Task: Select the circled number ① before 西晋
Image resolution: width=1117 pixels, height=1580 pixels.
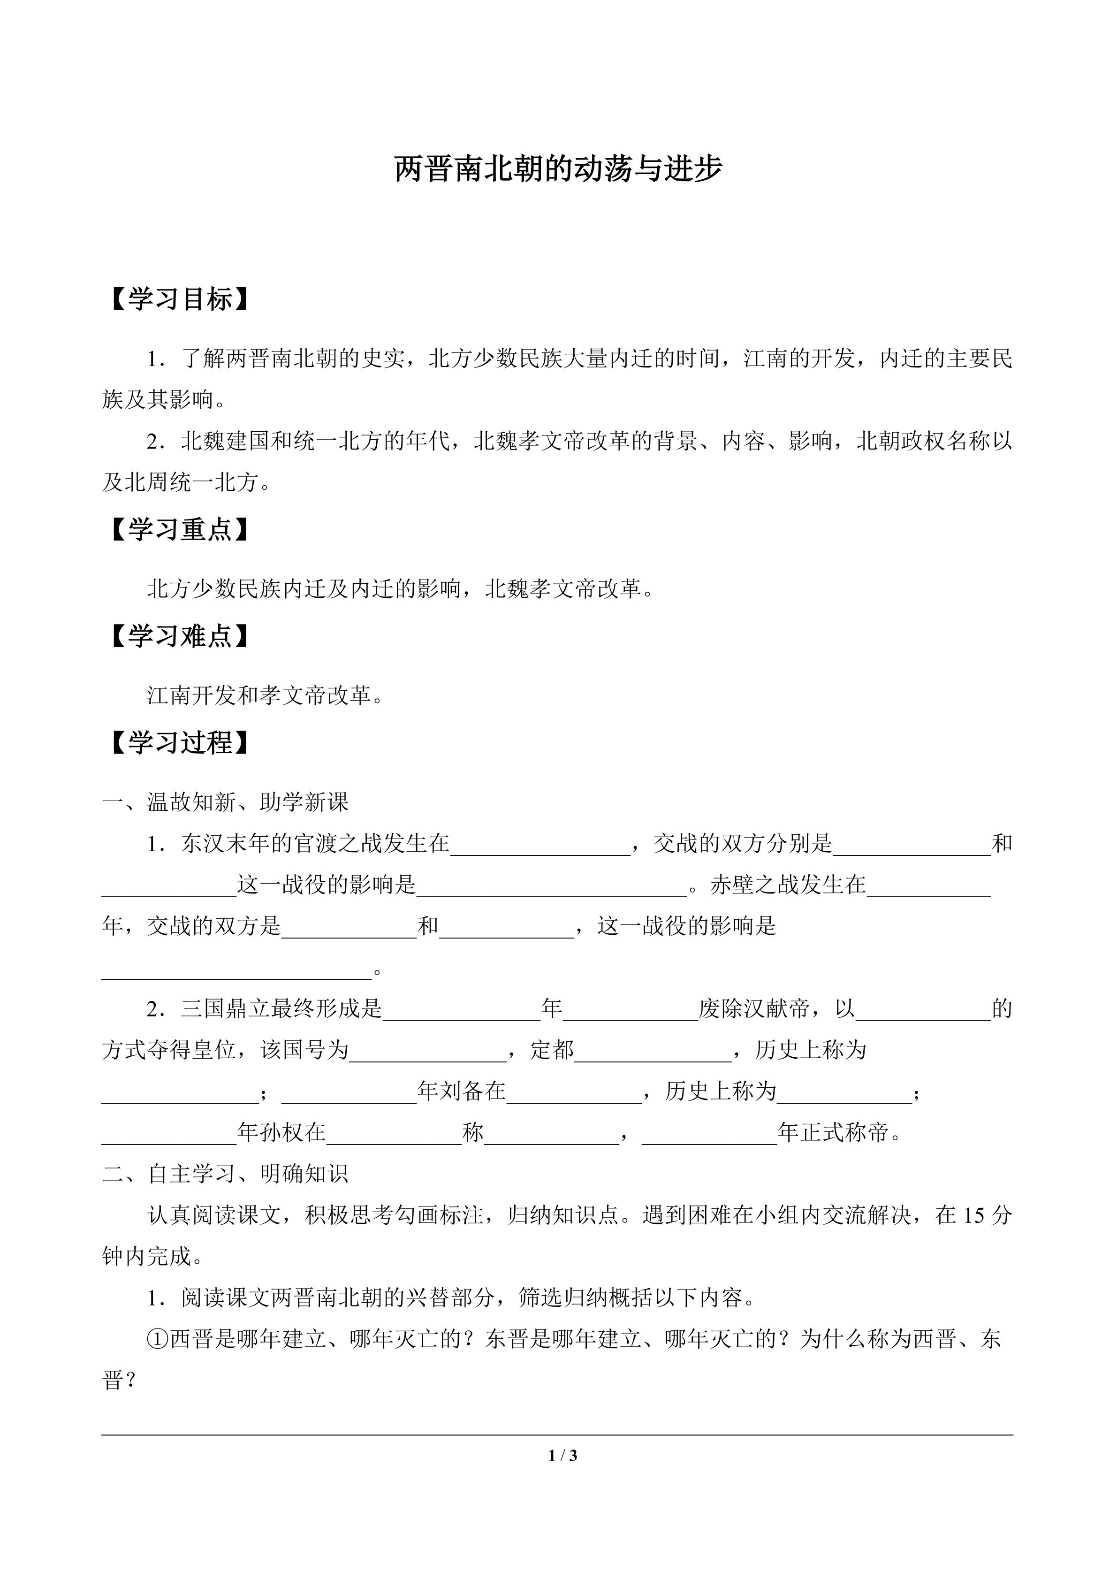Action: pyautogui.click(x=158, y=1339)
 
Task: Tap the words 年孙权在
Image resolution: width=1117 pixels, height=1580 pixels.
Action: pyautogui.click(x=281, y=1133)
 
